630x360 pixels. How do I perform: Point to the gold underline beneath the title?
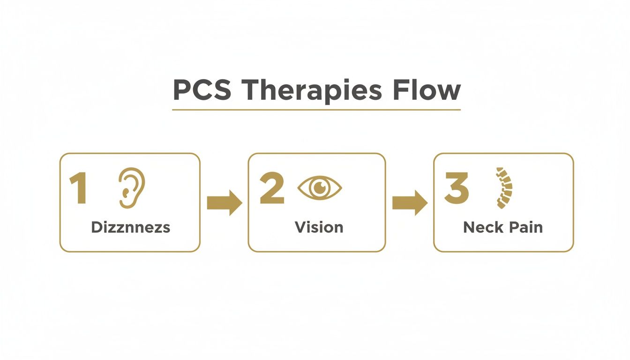[x=316, y=110]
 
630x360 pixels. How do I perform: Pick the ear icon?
[x=131, y=188]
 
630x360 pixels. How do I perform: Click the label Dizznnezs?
[x=130, y=227]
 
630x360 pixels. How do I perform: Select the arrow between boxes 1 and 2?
[x=224, y=203]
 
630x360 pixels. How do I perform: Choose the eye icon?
[x=320, y=188]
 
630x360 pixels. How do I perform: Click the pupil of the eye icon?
[x=320, y=187]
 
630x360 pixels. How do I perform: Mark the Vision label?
[x=319, y=227]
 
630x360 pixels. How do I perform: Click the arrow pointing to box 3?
[x=409, y=203]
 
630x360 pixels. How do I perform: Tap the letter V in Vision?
[x=300, y=227]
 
